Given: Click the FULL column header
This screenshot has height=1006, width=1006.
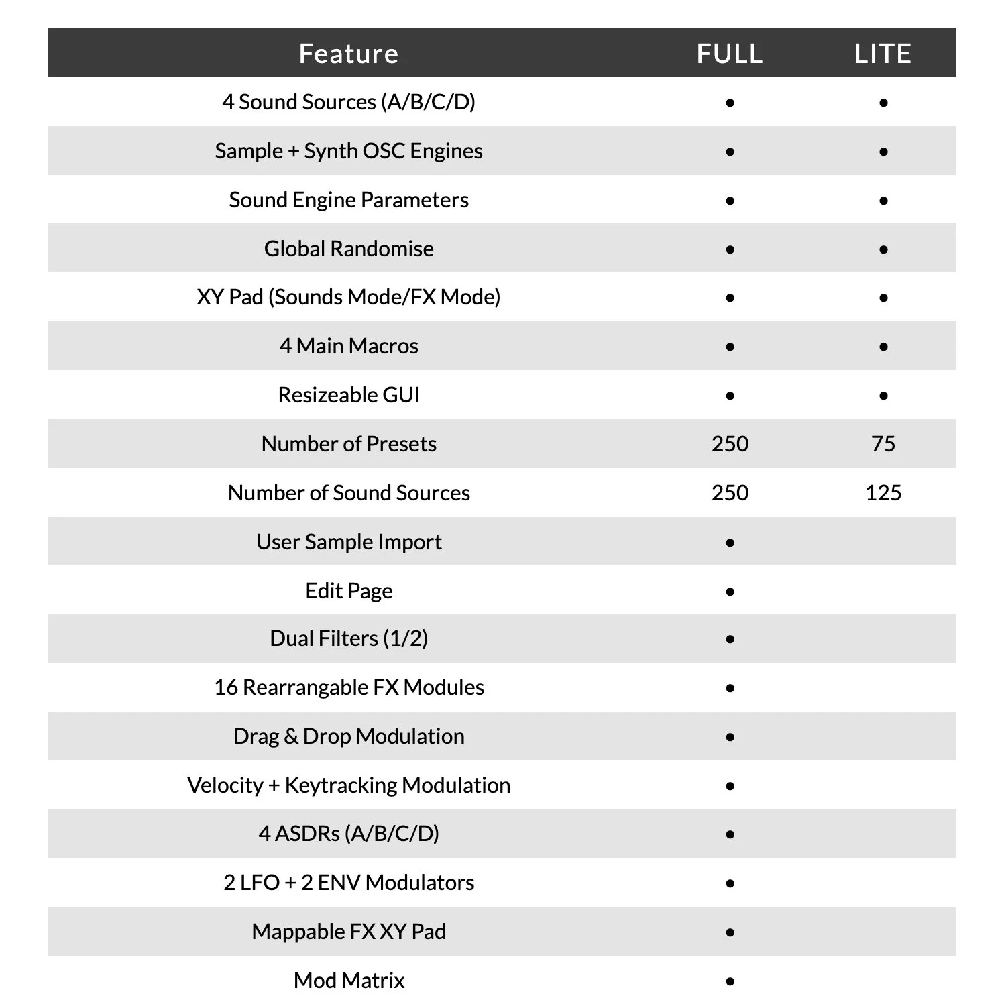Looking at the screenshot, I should (x=730, y=54).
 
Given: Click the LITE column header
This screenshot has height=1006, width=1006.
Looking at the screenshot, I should (x=883, y=54).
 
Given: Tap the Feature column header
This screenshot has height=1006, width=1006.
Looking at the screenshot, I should (x=349, y=54).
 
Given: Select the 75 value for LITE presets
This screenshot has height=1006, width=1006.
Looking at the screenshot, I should (x=883, y=444).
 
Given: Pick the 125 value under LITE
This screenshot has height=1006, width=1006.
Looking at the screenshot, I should (x=883, y=493).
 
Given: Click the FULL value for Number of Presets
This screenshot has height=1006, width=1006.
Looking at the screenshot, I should (x=730, y=444).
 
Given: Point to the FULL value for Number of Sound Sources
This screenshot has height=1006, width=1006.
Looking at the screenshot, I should (x=730, y=493).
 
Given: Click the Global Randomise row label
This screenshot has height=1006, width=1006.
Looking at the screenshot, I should (x=349, y=249).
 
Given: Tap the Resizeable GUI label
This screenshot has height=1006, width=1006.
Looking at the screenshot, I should (x=349, y=395).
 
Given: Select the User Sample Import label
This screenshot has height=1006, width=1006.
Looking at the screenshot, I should (x=349, y=542).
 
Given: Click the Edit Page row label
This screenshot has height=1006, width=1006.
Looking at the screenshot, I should (x=349, y=591).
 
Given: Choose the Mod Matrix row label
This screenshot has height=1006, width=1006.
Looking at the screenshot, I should (x=349, y=981).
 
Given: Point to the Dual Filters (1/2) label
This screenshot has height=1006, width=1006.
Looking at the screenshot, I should (x=349, y=638).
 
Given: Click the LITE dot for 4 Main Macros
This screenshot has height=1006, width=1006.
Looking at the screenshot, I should (x=883, y=347).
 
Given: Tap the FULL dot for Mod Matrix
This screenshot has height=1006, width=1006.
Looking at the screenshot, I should (x=730, y=982).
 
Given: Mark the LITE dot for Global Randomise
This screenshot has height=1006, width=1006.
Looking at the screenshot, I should (x=883, y=250).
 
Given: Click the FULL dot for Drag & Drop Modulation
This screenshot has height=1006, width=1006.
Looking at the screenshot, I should (x=730, y=738).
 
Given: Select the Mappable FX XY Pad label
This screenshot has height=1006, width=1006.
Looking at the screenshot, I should (x=349, y=932).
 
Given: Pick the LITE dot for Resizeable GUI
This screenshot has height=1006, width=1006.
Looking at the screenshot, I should (x=883, y=396).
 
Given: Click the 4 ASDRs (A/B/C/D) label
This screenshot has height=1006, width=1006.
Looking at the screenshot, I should (x=349, y=834).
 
